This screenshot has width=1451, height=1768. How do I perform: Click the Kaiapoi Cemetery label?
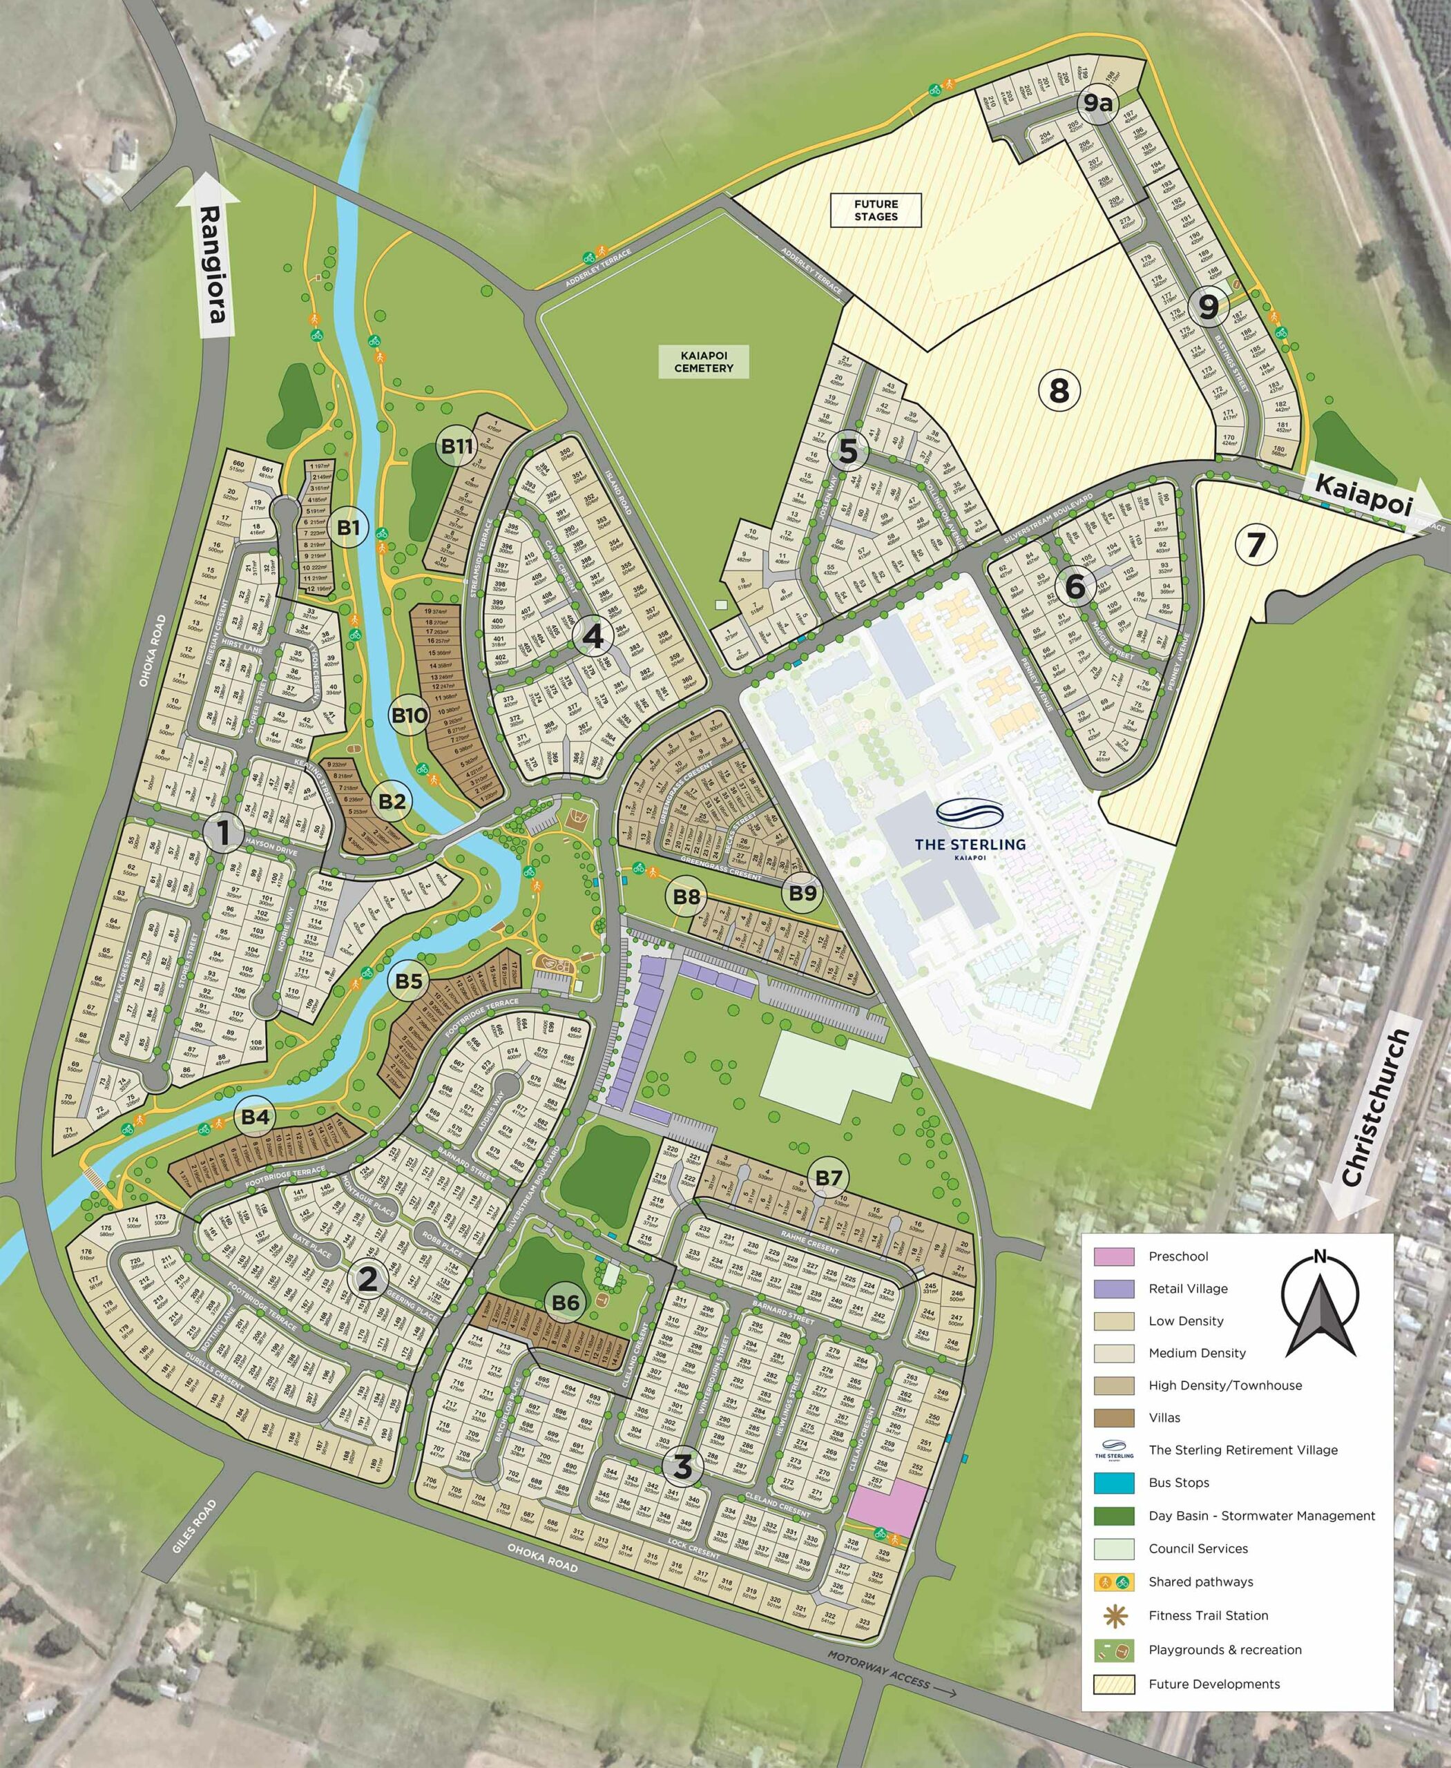(703, 362)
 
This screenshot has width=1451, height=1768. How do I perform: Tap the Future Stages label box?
(875, 210)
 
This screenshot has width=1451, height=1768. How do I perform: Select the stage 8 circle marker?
(1059, 390)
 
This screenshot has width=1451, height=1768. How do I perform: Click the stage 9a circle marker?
(1098, 104)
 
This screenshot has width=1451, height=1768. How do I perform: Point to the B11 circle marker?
(457, 446)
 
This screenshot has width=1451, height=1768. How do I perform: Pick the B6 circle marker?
(566, 1303)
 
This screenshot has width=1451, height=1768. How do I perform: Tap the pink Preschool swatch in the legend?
(1114, 1256)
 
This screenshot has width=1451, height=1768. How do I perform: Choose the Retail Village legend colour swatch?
(1114, 1289)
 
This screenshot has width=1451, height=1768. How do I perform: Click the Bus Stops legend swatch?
(1114, 1483)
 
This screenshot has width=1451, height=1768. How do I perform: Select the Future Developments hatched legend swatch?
(1114, 1684)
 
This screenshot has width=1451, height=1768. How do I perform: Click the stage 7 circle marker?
(1256, 544)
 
